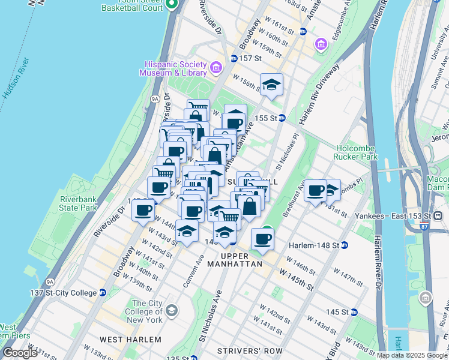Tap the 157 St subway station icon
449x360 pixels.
pyautogui.click(x=234, y=58)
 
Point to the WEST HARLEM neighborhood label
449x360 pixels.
pyautogui.click(x=130, y=340)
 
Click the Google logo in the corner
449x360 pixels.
pyautogui.click(x=20, y=353)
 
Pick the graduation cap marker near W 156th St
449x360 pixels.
pyautogui.click(x=271, y=85)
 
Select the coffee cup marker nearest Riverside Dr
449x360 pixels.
pyautogui.click(x=144, y=211)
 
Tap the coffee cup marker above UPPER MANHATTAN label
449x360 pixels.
pyautogui.click(x=262, y=239)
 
